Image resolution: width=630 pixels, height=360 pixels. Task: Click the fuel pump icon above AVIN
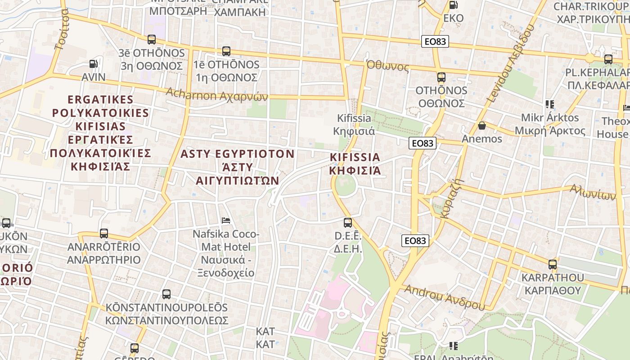coord(93,64)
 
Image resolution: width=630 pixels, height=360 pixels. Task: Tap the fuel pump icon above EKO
coord(453,5)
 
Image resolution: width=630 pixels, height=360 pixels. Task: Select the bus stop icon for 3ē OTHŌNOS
coord(152,40)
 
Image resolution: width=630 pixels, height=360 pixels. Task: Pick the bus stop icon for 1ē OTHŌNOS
coord(226,51)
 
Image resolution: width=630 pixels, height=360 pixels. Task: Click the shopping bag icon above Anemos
coord(482,125)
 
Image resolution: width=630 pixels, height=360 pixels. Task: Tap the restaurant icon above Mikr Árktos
coord(549,104)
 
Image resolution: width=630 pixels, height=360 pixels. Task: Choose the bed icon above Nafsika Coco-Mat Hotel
coord(226,220)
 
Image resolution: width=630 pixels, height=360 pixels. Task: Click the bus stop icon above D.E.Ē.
coord(348,222)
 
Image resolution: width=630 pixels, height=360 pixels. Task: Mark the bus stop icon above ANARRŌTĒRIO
coord(104,234)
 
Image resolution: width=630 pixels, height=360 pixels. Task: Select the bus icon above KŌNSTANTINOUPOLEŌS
coord(166,294)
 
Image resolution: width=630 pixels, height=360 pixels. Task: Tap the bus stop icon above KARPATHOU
coord(553,265)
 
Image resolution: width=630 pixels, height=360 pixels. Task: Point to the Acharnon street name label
coord(217,94)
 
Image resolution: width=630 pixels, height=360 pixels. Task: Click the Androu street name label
coord(445,297)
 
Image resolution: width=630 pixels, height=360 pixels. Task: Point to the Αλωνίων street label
coord(593,192)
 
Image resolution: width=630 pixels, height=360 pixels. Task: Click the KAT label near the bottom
coord(265,338)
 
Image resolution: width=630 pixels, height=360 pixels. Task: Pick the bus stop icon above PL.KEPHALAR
coord(608,59)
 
